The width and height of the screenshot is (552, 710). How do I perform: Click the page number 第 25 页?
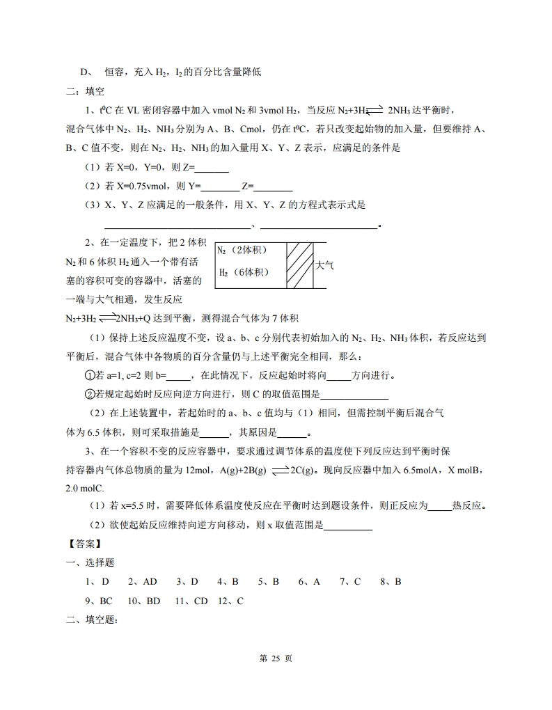276,658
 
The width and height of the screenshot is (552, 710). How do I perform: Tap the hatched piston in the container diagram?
300,265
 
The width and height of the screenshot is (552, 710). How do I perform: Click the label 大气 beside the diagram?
324,265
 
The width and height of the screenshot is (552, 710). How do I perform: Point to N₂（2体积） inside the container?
243,250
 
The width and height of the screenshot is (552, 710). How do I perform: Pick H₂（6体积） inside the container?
243,273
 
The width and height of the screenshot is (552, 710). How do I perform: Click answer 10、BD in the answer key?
144,601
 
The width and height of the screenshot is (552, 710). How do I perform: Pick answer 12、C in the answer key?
230,601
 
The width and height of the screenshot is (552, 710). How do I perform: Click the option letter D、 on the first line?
87,72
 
